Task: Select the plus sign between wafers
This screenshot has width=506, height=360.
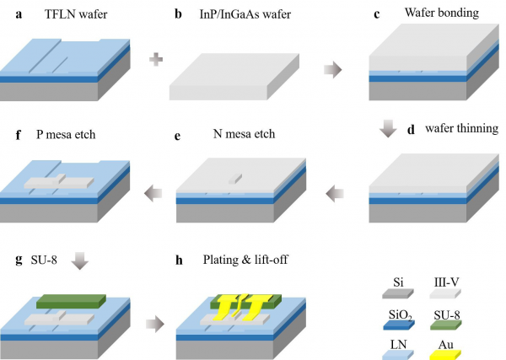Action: tap(154, 58)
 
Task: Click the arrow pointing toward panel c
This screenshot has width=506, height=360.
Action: tap(336, 68)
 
